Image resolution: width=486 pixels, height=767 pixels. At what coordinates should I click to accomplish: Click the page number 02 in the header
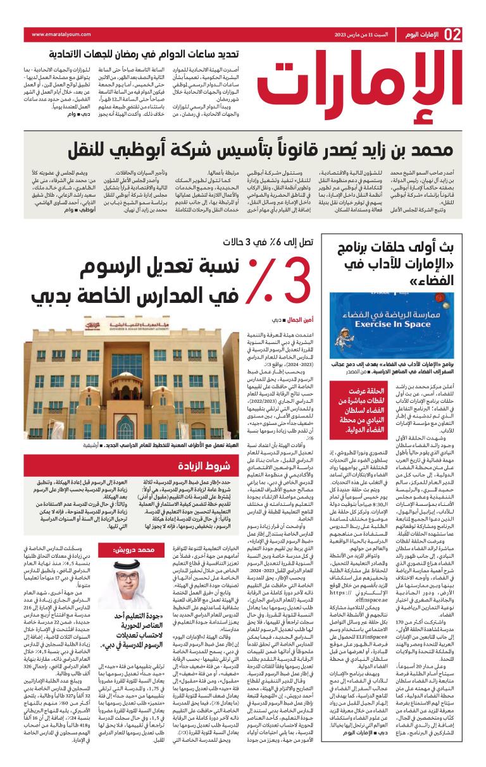click(x=454, y=34)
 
